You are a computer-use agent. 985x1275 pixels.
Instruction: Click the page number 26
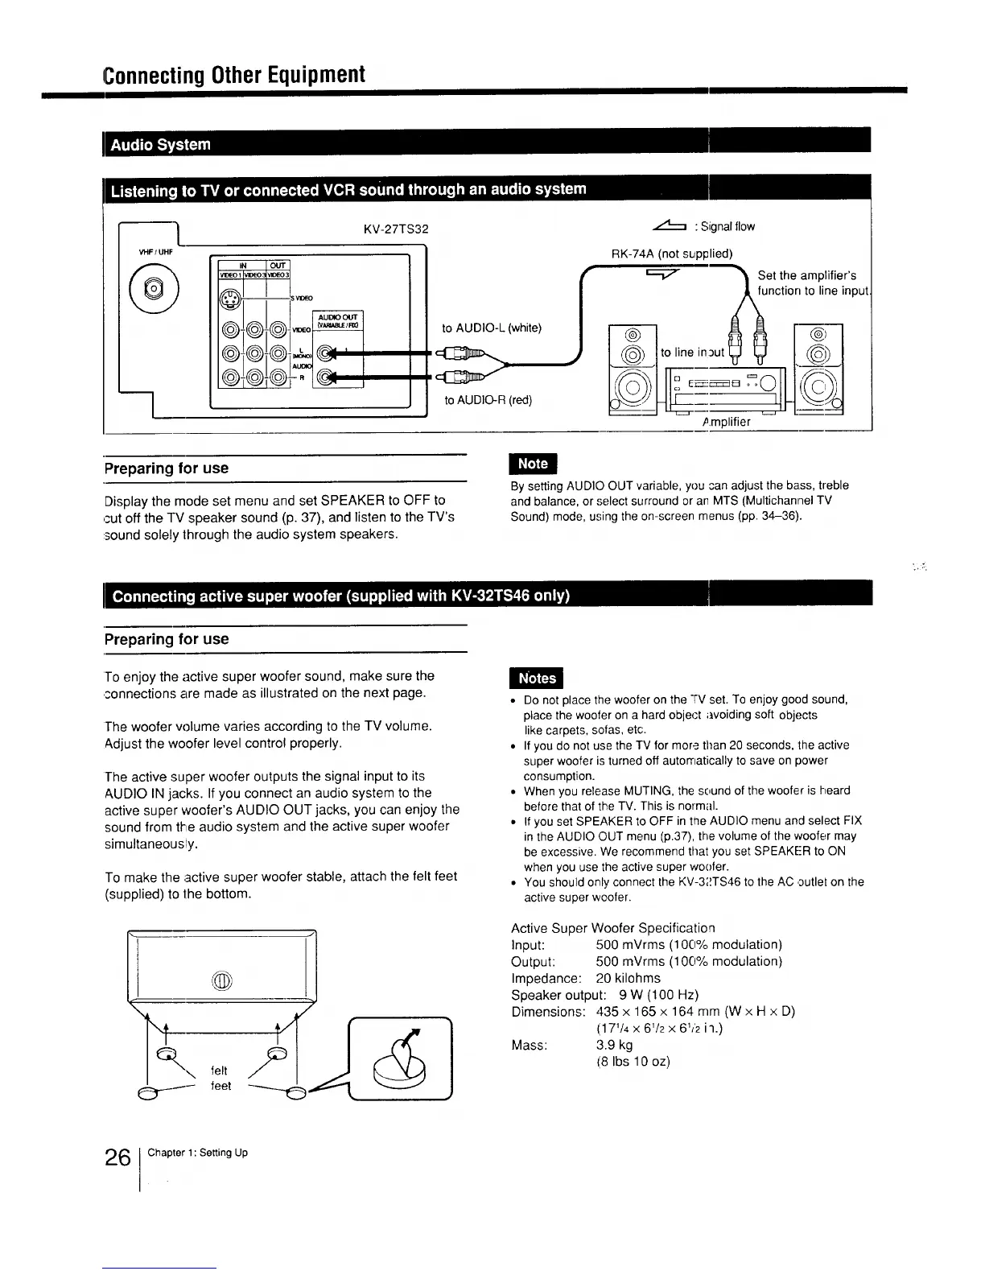tap(117, 1157)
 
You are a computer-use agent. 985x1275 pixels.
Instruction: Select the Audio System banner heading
tap(161, 145)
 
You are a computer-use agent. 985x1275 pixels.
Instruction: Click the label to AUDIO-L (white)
tap(492, 328)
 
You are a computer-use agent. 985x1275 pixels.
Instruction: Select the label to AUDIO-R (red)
tap(488, 400)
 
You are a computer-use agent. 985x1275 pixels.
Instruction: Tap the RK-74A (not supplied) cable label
tap(672, 254)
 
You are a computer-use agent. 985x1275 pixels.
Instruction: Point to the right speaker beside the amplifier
tap(818, 370)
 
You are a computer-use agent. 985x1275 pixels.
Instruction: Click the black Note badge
tap(533, 464)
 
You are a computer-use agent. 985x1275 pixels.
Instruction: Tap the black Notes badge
tap(537, 679)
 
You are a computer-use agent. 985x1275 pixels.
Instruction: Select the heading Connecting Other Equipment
tap(234, 75)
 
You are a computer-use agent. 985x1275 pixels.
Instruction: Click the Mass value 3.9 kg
tap(614, 1045)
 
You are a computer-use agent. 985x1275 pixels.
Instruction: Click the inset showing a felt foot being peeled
tap(400, 1059)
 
